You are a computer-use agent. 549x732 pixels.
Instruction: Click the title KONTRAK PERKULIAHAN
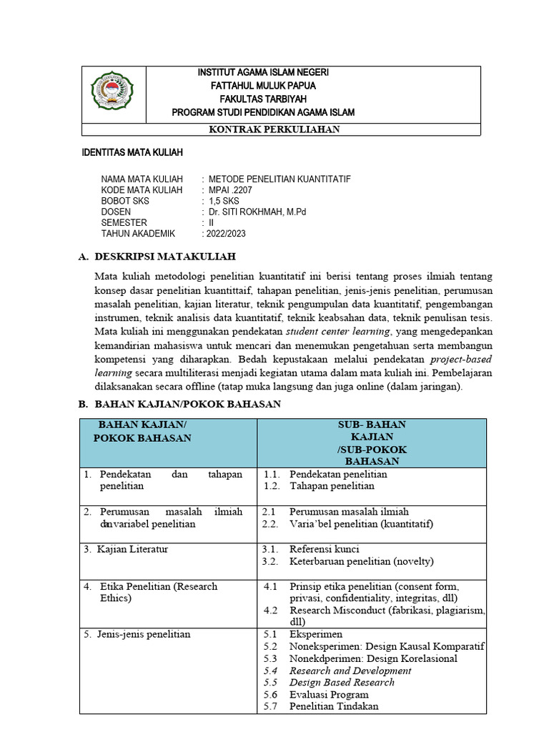(274, 129)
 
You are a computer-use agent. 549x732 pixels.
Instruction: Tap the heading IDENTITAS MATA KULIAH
(132, 153)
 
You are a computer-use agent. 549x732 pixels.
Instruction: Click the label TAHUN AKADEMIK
(139, 233)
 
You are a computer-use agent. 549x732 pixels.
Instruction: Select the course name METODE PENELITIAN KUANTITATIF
(280, 179)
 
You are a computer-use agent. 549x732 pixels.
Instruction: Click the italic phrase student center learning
(338, 332)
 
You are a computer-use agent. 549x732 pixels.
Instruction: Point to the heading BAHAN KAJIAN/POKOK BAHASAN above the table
(188, 405)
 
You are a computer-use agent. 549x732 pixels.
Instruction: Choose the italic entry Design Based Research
(341, 682)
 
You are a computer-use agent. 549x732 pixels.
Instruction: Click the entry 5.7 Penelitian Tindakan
(333, 706)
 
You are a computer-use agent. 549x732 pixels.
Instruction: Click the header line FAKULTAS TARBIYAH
(262, 99)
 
